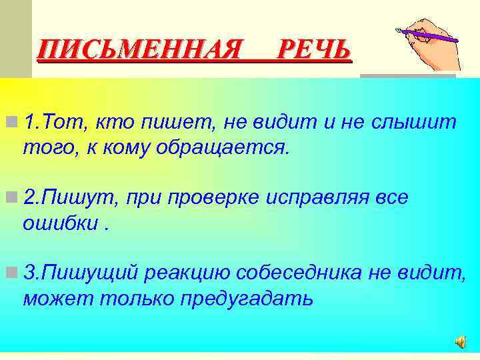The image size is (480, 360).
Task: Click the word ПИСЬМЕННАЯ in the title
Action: click(138, 50)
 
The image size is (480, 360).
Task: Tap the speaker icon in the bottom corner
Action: click(461, 341)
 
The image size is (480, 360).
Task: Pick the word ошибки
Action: click(62, 223)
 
